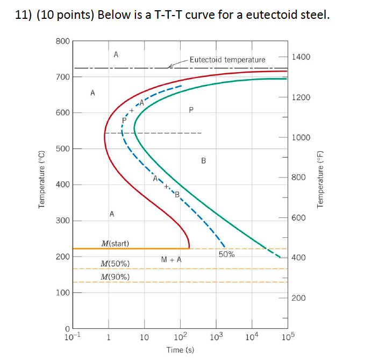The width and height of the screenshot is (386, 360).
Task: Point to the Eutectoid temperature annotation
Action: (x=227, y=60)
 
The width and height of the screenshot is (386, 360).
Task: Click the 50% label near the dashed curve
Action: (x=226, y=254)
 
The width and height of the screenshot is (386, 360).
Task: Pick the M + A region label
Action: (x=171, y=260)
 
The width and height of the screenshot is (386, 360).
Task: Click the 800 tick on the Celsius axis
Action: (x=62, y=41)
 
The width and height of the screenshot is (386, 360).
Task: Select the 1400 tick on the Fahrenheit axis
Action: (x=299, y=57)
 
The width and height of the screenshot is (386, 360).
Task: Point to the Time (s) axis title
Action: (x=180, y=350)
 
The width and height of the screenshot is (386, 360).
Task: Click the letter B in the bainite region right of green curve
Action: (x=203, y=160)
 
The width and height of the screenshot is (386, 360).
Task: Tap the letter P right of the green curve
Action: (x=191, y=110)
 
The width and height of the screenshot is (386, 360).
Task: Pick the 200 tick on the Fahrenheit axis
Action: (x=299, y=298)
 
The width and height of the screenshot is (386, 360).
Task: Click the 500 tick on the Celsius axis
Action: (x=62, y=149)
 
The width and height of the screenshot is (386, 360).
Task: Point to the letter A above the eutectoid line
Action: (x=116, y=54)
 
